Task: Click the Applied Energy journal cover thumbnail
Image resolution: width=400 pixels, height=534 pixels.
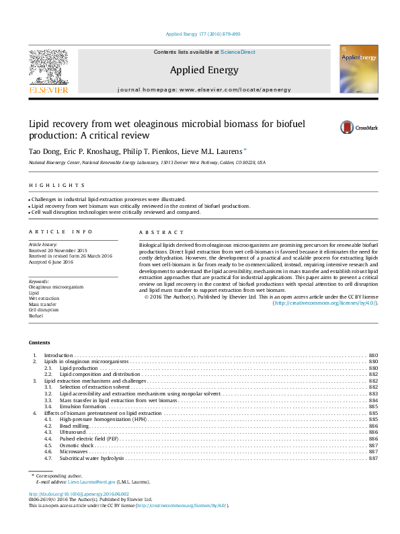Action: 358,69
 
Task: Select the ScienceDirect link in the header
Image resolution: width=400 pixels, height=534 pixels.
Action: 238,52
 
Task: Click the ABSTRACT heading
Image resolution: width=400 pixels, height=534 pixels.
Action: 155,232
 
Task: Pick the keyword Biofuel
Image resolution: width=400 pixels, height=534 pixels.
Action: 36,315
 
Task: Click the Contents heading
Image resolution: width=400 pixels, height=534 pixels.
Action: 39,342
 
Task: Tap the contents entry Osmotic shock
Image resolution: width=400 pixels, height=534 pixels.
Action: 76,445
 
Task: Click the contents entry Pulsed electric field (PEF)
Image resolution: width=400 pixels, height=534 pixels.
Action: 89,439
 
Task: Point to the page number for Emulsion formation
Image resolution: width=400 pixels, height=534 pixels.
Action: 373,407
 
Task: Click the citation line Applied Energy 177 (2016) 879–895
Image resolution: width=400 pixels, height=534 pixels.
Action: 202,34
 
